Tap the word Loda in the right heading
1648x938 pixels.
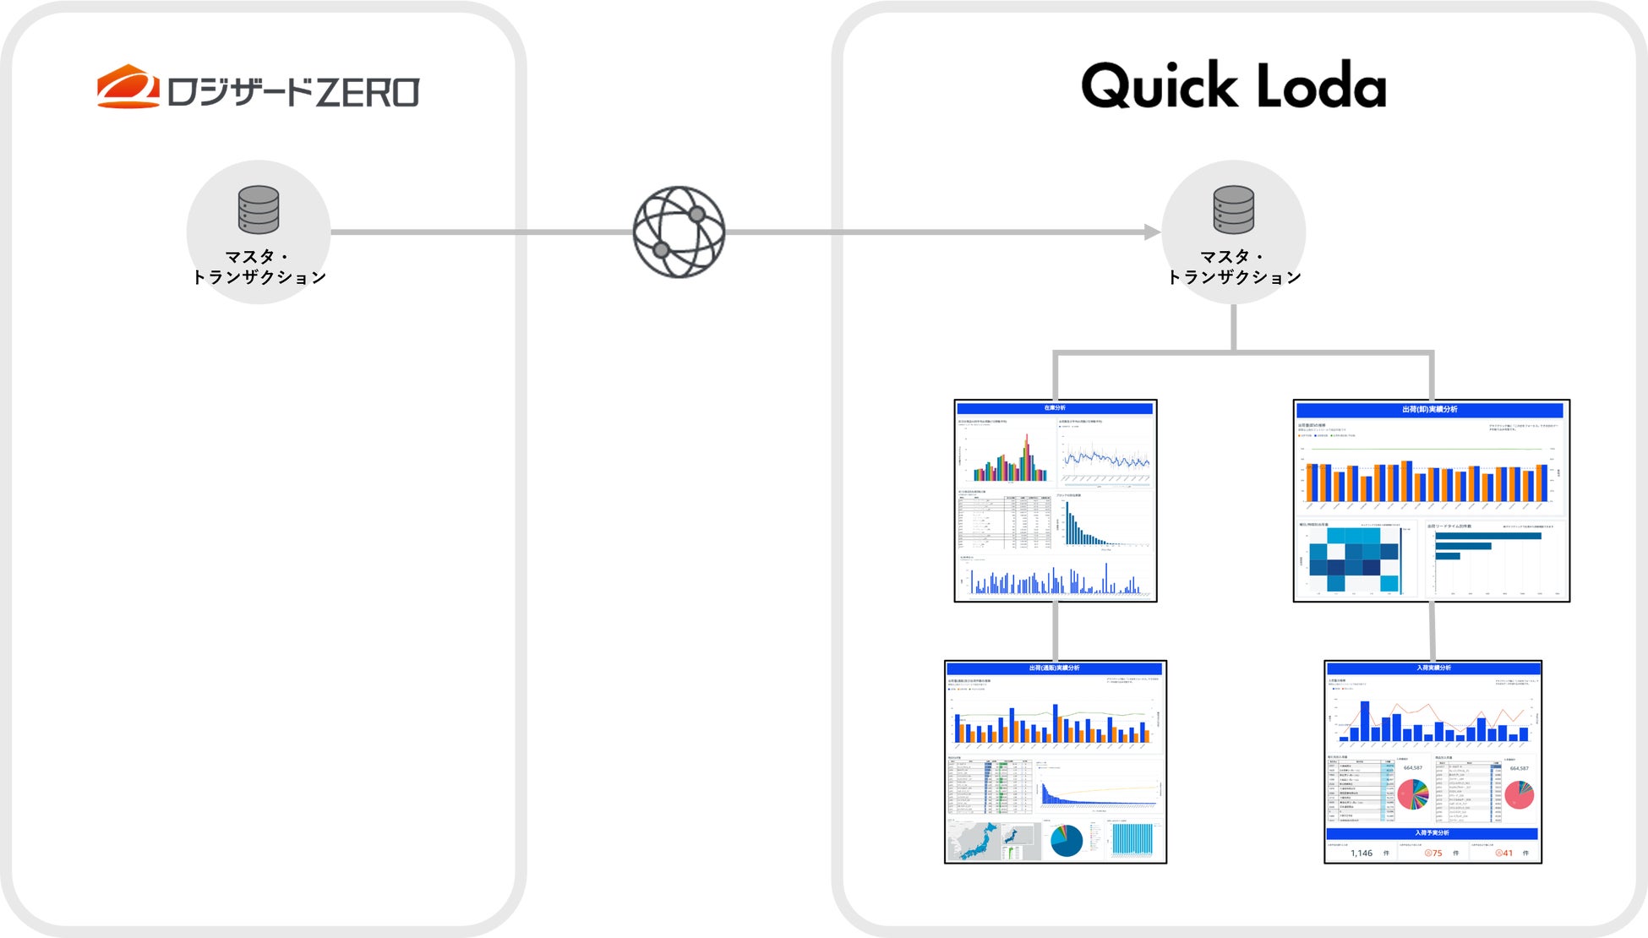coord(1322,86)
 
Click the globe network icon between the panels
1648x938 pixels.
coord(679,232)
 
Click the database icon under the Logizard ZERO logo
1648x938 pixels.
coord(259,210)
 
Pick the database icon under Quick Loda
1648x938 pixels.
coord(1233,210)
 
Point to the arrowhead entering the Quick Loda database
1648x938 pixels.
coord(1153,232)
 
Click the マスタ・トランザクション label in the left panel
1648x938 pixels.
coord(259,267)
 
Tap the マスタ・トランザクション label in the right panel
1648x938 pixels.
coord(1234,267)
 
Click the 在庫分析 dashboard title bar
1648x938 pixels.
coord(1055,408)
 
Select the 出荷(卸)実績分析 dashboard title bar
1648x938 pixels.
coord(1430,410)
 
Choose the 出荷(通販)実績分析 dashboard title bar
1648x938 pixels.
coord(1055,668)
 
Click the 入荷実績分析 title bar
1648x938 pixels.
coord(1432,668)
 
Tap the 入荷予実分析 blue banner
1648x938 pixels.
coord(1432,833)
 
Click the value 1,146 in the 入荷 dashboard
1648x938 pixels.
coord(1362,853)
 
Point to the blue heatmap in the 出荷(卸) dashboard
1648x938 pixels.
coord(1353,559)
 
